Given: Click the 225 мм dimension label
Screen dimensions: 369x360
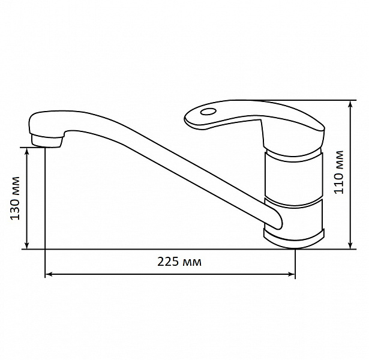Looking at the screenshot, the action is click(179, 262).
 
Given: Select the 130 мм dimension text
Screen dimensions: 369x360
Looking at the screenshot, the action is click(15, 198).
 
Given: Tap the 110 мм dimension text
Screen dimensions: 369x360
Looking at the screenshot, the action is click(339, 172).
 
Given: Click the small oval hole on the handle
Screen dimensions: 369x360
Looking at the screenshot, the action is click(208, 111).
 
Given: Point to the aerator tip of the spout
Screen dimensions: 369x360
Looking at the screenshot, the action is click(47, 141).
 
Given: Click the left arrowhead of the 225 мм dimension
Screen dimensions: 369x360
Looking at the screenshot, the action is click(49, 274).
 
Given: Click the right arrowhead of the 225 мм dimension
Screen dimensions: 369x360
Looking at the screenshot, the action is click(292, 274).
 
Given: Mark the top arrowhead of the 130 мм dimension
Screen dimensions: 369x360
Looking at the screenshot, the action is click(27, 152).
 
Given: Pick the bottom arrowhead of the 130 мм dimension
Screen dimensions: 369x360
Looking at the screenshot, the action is click(27, 245).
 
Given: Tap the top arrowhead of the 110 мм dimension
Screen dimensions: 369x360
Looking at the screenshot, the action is click(350, 104).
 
